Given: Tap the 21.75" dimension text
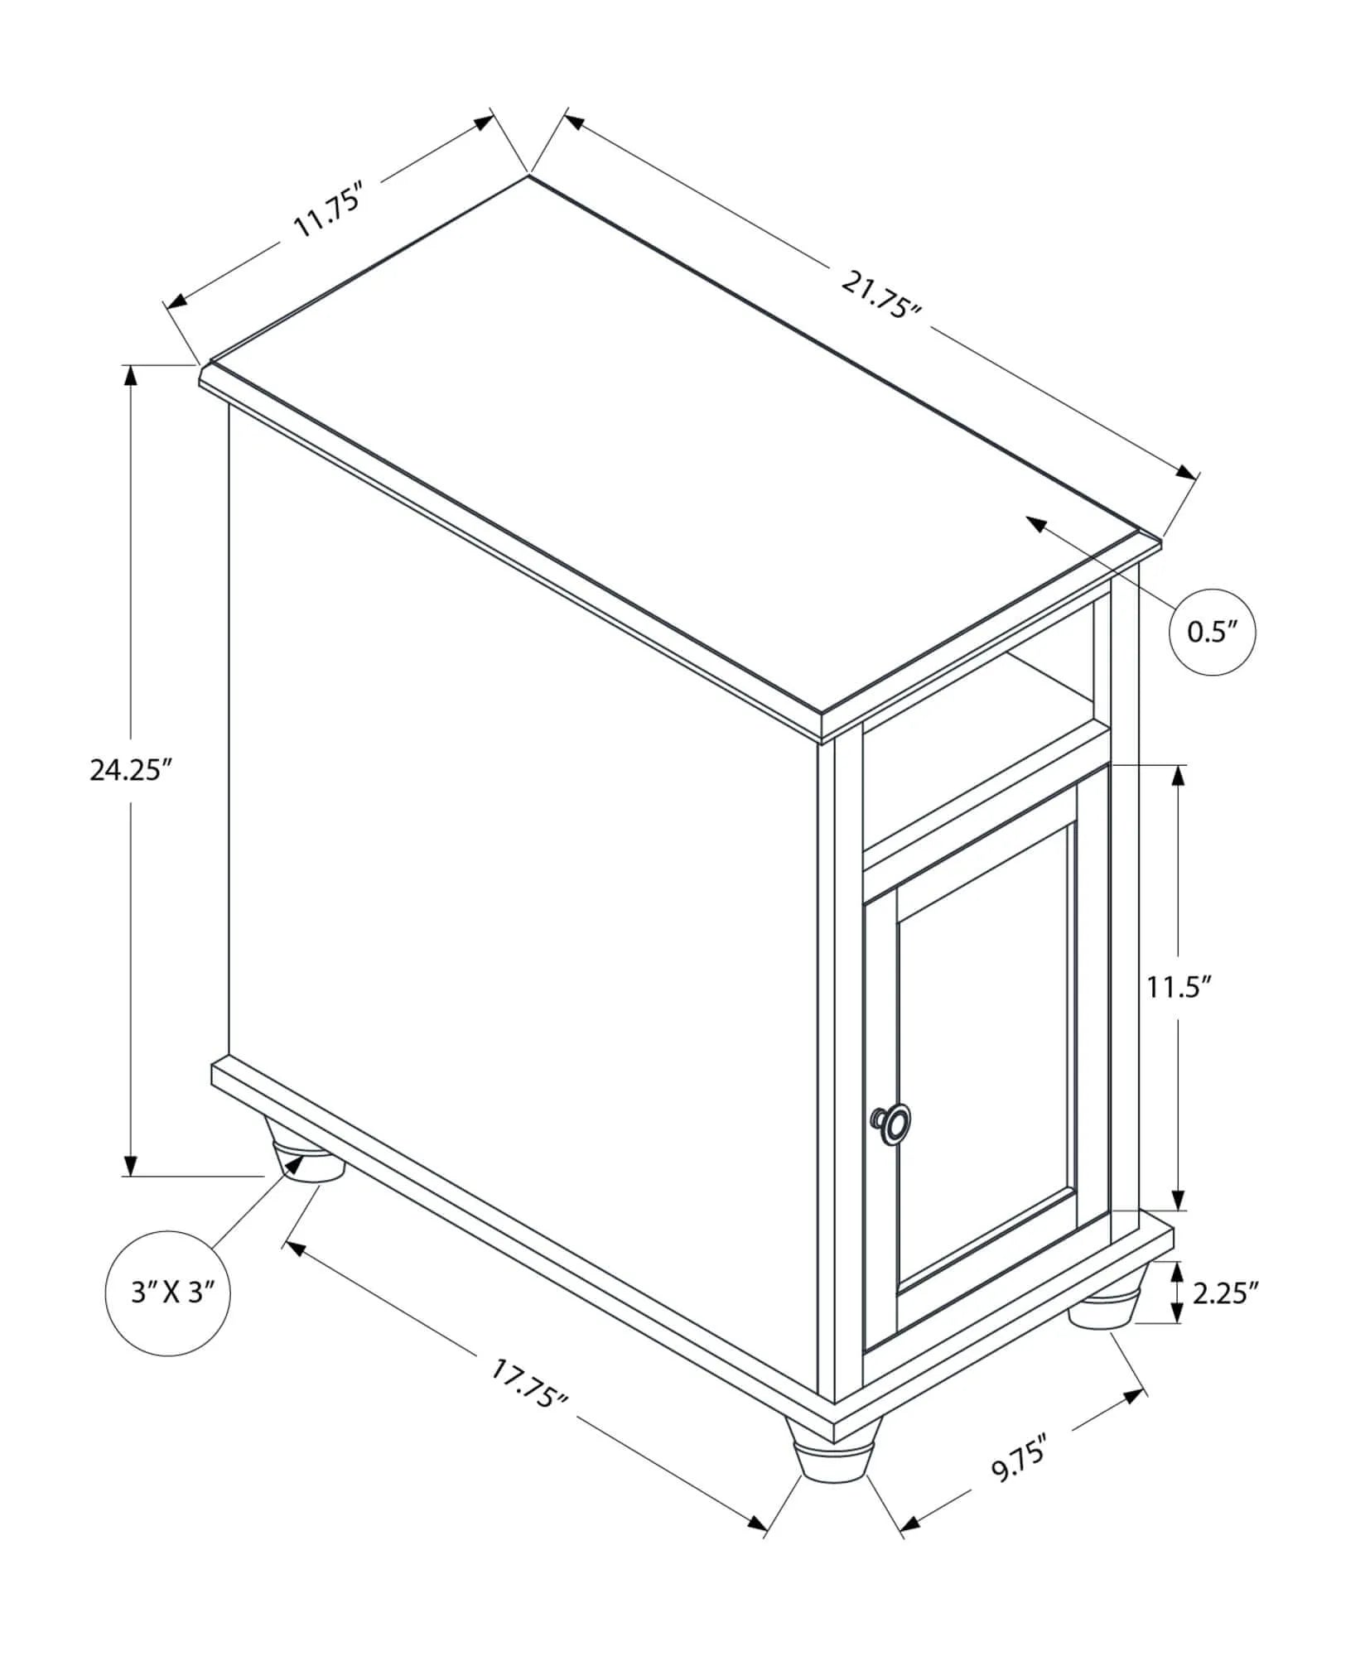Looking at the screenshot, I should click(881, 295).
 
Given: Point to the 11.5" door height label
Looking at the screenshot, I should click(1179, 987).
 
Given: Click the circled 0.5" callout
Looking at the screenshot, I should click(1212, 633).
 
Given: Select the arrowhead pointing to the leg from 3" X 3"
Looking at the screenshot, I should click(294, 1164).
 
